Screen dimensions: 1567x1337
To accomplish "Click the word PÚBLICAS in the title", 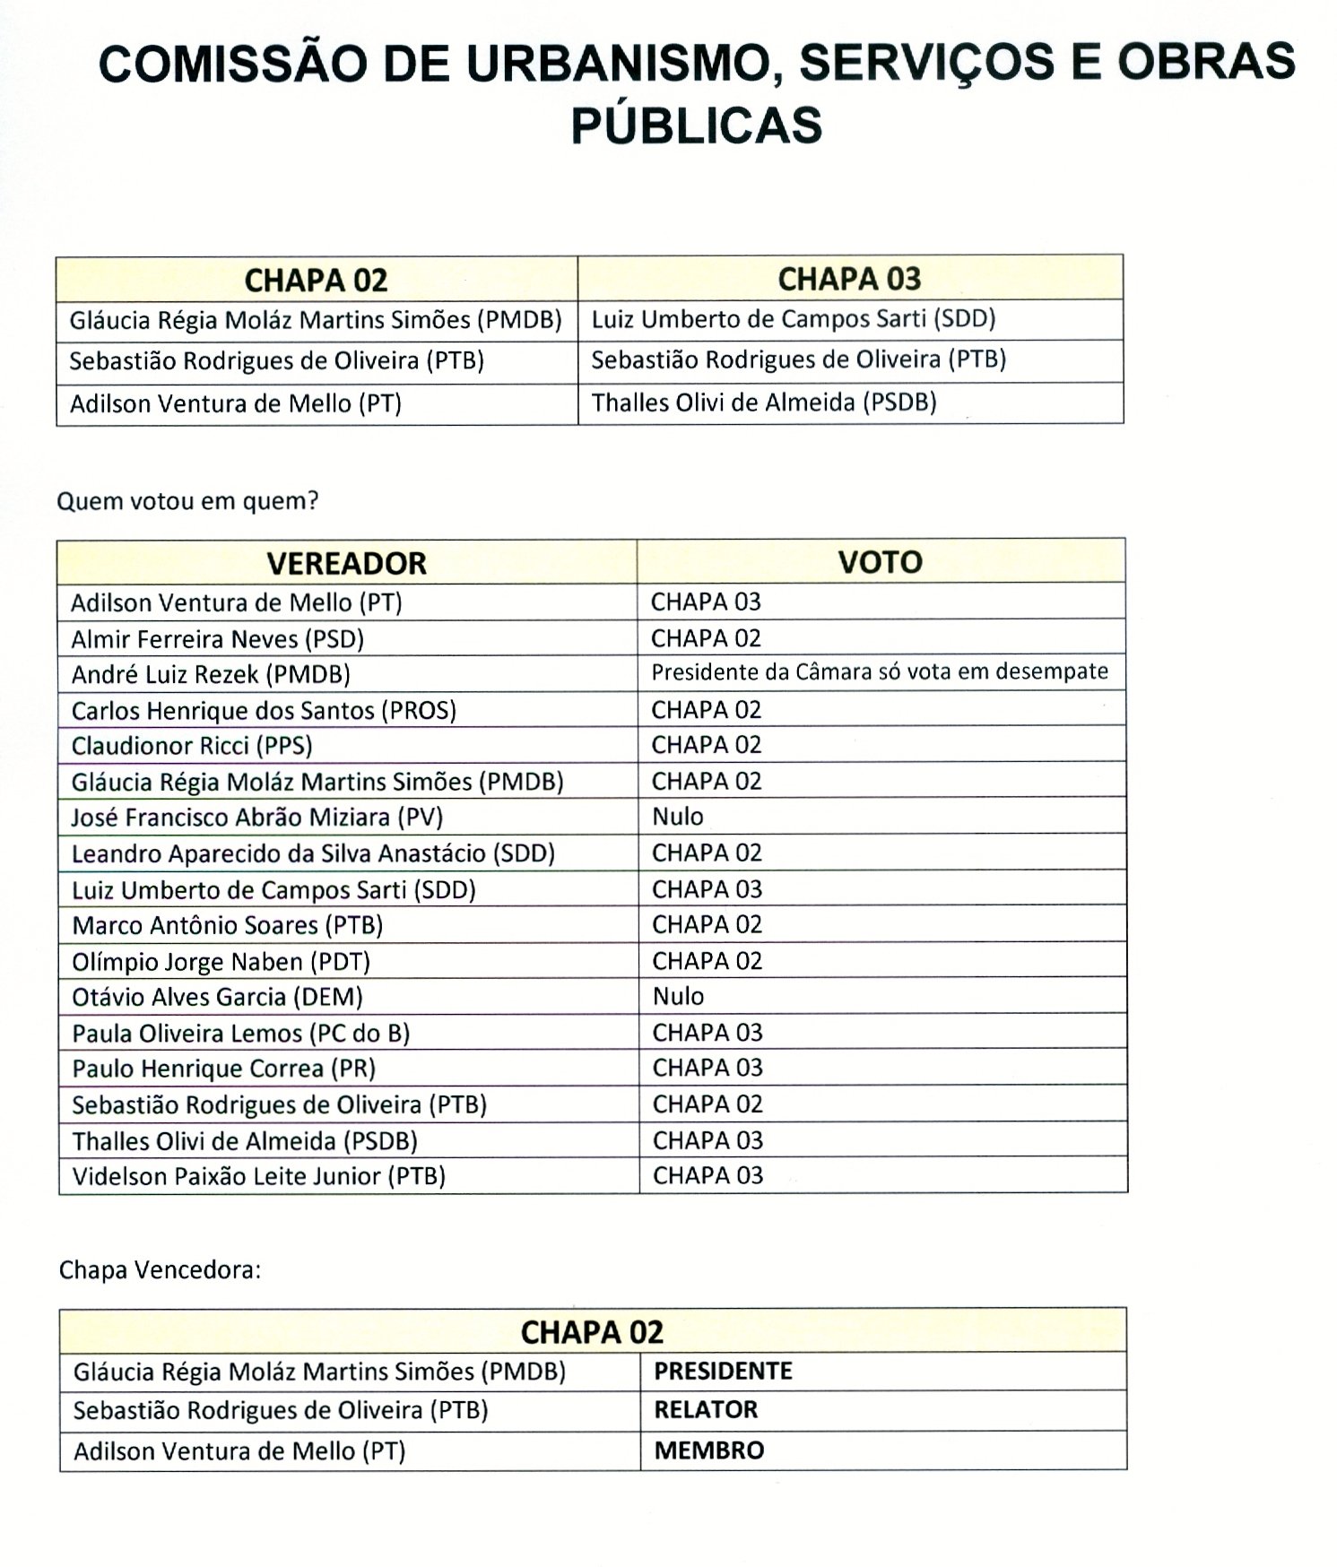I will [697, 125].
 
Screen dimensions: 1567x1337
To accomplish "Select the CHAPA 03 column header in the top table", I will [849, 279].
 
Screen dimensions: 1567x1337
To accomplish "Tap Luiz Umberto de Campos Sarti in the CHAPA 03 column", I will [794, 319].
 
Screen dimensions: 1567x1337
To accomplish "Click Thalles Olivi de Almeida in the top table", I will [764, 403].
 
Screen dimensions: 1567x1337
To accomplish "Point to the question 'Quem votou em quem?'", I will [187, 501].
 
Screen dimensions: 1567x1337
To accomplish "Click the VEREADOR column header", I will [346, 563].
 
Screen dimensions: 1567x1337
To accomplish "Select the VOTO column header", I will [880, 562].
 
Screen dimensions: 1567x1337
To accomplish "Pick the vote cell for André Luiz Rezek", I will [880, 671].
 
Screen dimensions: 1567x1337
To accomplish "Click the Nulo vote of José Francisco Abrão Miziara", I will [678, 817].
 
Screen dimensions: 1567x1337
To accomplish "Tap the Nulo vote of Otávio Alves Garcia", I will [678, 996].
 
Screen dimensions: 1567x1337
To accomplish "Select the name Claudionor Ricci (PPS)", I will [192, 746].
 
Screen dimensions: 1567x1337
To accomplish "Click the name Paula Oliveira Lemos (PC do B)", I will [240, 1033].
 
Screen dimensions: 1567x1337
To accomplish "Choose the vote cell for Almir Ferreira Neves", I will [706, 638].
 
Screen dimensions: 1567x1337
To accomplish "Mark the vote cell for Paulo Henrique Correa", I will [708, 1068].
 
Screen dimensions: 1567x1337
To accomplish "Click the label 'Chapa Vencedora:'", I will [160, 1270].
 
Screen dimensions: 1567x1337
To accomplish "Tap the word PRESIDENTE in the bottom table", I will [723, 1371].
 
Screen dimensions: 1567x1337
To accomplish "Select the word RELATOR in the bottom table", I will [706, 1410].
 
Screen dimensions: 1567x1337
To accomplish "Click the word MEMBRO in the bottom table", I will [709, 1450].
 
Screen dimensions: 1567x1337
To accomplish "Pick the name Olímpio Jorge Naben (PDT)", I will [221, 962].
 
